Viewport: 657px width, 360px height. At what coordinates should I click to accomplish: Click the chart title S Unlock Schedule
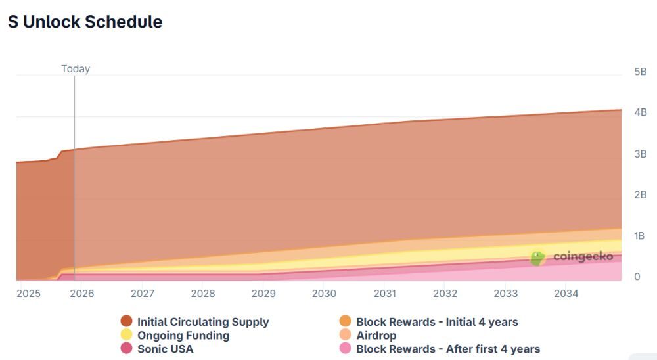[85, 22]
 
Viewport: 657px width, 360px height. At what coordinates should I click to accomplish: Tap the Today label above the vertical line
[76, 69]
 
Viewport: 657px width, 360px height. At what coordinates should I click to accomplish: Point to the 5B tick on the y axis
[640, 72]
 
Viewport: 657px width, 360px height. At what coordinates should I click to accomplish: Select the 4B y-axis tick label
[640, 113]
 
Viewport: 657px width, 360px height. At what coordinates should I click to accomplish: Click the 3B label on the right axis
[640, 154]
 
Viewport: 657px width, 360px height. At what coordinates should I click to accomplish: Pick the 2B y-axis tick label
[640, 195]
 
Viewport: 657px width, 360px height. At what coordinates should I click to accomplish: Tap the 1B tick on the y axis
[640, 236]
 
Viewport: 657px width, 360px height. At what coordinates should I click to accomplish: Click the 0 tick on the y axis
[637, 277]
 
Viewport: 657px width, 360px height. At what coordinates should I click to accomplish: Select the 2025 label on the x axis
[28, 294]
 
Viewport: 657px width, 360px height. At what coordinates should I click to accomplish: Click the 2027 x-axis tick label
[143, 294]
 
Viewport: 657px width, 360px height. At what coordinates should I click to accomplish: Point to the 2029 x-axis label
[263, 294]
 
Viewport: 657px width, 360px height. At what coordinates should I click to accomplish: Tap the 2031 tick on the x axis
[384, 294]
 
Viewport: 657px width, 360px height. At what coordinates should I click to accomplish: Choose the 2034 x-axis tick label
[566, 294]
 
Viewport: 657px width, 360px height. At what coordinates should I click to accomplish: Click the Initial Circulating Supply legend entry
[202, 322]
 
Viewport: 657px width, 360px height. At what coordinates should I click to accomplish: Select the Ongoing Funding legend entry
[183, 336]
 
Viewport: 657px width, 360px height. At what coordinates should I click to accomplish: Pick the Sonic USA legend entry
[165, 349]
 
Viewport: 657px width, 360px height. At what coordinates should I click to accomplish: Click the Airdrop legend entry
[376, 336]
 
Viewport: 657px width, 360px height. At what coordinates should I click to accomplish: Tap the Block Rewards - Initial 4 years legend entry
[437, 322]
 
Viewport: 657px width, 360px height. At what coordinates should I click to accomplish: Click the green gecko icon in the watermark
[538, 258]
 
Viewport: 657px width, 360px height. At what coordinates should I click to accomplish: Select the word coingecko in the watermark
[583, 257]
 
